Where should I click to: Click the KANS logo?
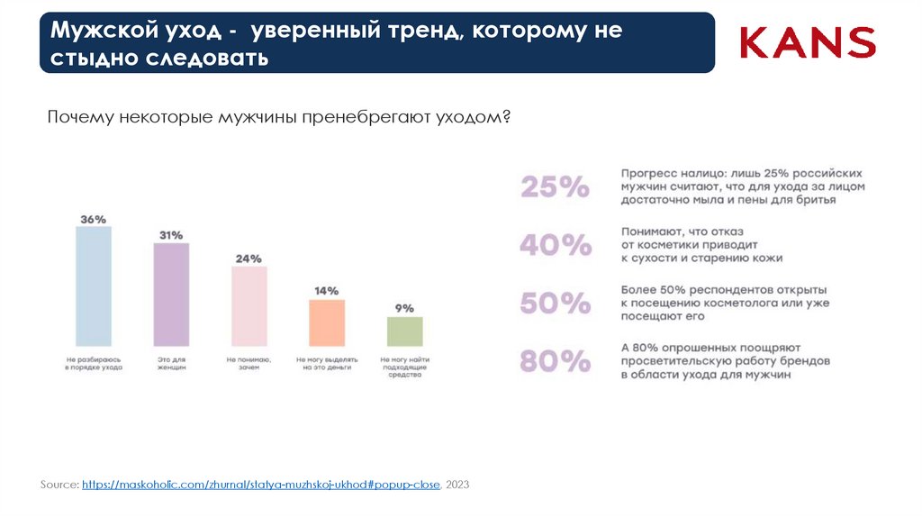(x=808, y=42)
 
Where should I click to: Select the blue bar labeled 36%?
(x=94, y=286)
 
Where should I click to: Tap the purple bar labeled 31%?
(x=171, y=295)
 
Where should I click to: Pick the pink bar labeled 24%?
(x=249, y=306)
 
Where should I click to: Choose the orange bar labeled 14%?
(x=327, y=322)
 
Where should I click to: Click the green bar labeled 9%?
(x=404, y=331)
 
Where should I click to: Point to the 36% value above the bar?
(x=94, y=219)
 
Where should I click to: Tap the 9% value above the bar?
(x=404, y=308)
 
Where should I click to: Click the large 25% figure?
(x=555, y=187)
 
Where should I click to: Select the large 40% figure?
(x=555, y=245)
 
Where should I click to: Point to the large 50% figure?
(x=555, y=303)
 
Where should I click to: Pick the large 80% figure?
(x=555, y=361)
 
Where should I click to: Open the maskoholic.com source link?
(x=260, y=485)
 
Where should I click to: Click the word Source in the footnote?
(x=59, y=485)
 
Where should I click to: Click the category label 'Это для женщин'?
(x=171, y=363)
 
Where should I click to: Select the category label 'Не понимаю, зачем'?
(x=249, y=363)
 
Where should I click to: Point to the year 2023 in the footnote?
(x=457, y=485)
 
